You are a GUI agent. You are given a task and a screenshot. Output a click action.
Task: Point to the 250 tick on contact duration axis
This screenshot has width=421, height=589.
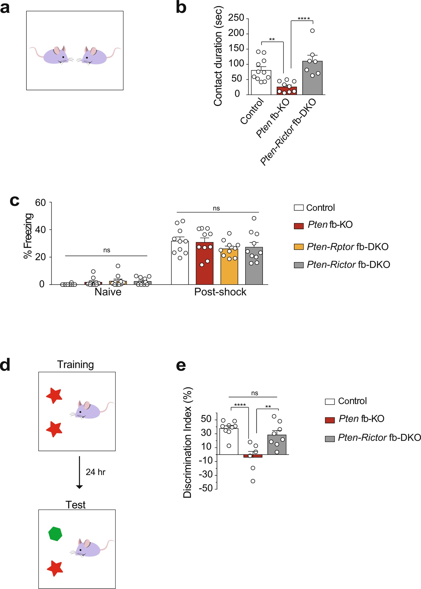(236, 18)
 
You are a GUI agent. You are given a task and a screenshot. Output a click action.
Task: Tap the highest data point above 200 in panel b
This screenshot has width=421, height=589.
(312, 31)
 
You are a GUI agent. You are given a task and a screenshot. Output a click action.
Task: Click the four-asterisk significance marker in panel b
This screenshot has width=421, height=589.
(304, 19)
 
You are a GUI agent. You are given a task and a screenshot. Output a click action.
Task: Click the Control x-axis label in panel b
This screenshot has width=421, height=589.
(252, 112)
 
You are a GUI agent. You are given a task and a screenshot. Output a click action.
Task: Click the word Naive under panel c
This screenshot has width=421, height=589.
(108, 292)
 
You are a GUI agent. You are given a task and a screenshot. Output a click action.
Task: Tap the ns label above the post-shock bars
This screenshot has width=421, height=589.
(216, 208)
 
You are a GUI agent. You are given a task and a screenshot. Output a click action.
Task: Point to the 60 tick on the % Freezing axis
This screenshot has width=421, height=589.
(40, 202)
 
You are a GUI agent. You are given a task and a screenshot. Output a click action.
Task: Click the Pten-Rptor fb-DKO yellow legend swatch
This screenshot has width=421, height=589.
(299, 247)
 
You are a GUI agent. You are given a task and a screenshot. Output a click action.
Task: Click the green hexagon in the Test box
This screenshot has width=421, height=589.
(55, 534)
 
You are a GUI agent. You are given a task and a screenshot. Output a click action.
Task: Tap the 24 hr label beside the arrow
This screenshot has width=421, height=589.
(95, 472)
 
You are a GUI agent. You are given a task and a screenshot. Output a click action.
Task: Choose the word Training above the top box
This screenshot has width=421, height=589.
(75, 364)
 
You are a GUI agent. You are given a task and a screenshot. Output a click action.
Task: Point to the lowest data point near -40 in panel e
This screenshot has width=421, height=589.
(253, 481)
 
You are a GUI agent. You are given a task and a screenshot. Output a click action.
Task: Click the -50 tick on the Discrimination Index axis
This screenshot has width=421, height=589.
(206, 488)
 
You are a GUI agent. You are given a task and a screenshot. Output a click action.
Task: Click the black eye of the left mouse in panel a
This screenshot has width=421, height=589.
(63, 57)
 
